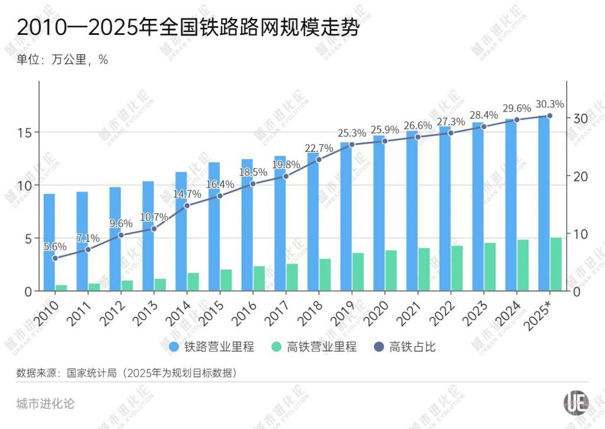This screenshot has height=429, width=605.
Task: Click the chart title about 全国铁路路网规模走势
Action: pyautogui.click(x=188, y=28)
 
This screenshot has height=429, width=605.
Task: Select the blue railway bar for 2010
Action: pyautogui.click(x=50, y=242)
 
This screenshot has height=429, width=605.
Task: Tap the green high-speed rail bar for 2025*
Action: pyautogui.click(x=556, y=264)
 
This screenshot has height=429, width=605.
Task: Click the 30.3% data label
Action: pyautogui.click(x=549, y=103)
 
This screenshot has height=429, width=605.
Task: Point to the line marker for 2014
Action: pyautogui.click(x=187, y=206)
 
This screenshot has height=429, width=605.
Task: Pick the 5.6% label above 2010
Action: pyautogui.click(x=56, y=246)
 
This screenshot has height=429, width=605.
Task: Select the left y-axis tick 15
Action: pyautogui.click(x=26, y=132)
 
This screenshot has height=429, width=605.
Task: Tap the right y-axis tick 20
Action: pyautogui.click(x=580, y=176)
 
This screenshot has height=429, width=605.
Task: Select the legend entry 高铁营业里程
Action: pyautogui.click(x=314, y=347)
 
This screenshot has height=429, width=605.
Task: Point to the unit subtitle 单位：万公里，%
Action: pyautogui.click(x=62, y=60)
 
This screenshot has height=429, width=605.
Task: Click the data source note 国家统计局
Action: pyautogui.click(x=127, y=373)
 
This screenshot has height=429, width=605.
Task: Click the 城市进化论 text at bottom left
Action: pyautogui.click(x=45, y=404)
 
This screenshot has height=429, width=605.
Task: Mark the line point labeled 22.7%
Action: pyautogui.click(x=318, y=160)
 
